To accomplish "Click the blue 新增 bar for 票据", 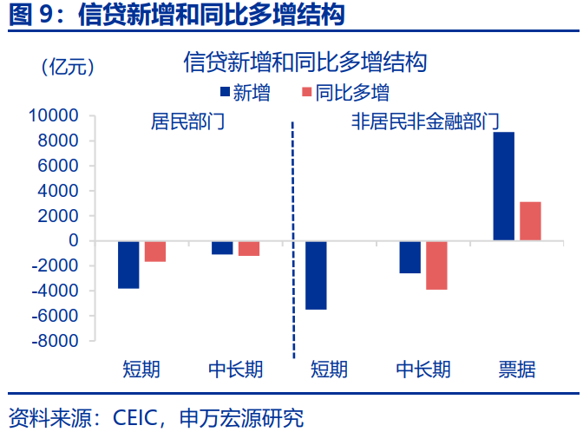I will coord(503,186).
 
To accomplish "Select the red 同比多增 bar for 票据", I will coord(530,220).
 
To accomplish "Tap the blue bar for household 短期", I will coord(128,264).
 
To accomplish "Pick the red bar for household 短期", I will coord(155,251).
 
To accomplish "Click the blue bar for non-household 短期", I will coord(316,274).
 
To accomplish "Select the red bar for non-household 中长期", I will coord(436,265).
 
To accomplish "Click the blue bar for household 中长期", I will coord(222,247).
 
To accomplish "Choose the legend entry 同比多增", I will coord(344,93).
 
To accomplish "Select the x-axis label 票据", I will coord(516,369).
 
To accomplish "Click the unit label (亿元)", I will coord(68,67).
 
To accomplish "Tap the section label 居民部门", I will coord(187,121).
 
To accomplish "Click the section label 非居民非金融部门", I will coord(424,121).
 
